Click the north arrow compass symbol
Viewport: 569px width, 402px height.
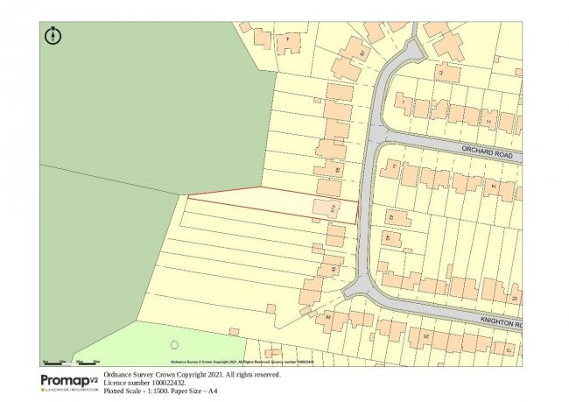(53, 36)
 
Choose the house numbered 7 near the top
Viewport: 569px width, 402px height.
(286, 39)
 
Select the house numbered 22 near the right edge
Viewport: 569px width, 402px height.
(514, 299)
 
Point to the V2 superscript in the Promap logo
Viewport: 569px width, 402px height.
(94, 377)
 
